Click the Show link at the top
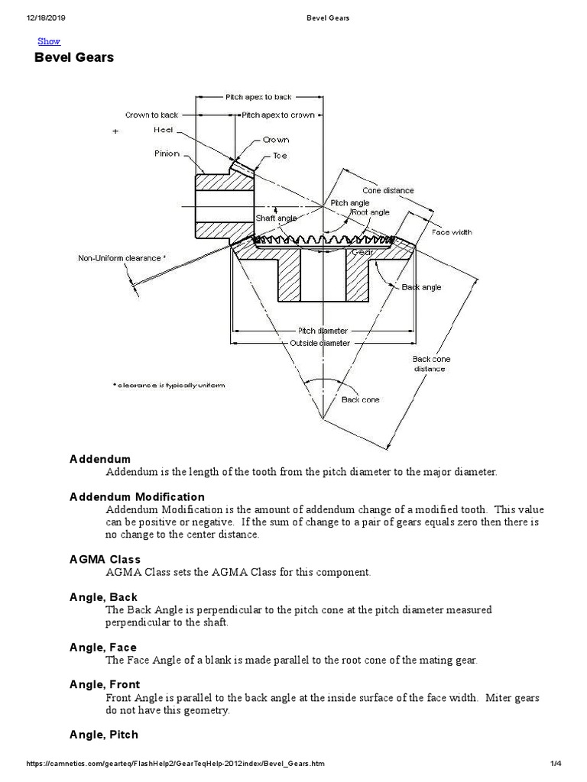coord(49,41)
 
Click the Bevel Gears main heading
coord(74,58)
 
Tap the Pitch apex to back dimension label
coord(258,98)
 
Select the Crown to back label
coord(151,115)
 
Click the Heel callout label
coord(164,131)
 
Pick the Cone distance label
coord(388,191)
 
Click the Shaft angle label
coord(276,218)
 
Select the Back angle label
coord(421,288)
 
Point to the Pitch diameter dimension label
coord(322,331)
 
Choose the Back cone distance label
coord(431,364)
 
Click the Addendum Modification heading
coord(137,497)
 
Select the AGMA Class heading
coord(105,560)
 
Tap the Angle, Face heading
coord(103,648)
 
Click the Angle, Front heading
coord(105,684)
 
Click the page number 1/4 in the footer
coord(556,764)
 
